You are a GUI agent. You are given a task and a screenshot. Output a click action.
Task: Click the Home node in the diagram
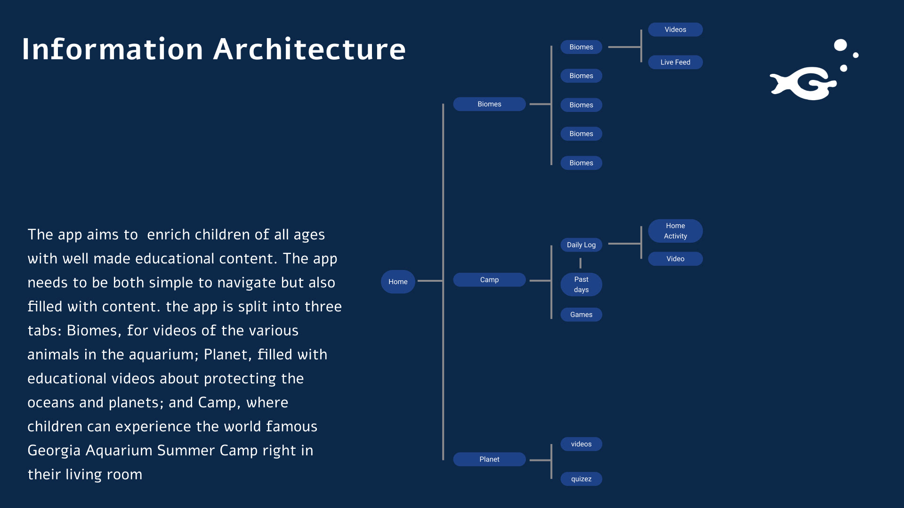pos(398,282)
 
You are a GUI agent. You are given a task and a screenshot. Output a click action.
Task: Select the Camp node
pos(489,280)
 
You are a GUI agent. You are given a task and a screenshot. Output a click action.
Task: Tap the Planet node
pos(489,460)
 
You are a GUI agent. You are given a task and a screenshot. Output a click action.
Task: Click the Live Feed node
pos(675,62)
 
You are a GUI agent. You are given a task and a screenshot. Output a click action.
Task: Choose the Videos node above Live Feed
pos(675,30)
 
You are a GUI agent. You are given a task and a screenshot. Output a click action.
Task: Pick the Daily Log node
pos(581,245)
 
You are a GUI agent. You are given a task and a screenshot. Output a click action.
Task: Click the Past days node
pos(581,285)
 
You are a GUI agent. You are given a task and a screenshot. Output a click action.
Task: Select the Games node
pos(581,315)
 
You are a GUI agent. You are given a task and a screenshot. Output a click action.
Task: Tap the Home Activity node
pos(675,231)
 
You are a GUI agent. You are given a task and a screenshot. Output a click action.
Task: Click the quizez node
pos(581,479)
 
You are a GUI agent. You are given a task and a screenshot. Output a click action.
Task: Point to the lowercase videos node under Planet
pos(581,444)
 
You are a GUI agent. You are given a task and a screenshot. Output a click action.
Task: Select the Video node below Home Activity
pos(675,259)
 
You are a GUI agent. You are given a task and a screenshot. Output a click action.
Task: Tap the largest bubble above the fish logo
pos(840,45)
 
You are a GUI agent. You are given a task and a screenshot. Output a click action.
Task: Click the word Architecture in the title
pos(309,49)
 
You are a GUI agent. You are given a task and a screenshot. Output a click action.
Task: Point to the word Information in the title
pos(113,49)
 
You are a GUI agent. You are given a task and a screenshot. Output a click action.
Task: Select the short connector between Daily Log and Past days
pos(581,263)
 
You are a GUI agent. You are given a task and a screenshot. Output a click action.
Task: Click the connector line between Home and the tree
pos(429,281)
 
